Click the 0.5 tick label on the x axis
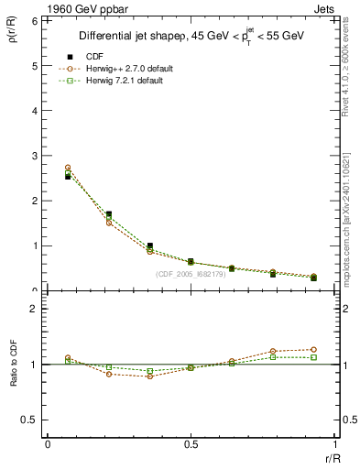pos(190,444)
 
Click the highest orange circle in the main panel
pos(68,168)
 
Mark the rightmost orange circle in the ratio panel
pos(313,349)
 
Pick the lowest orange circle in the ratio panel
pos(149,376)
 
